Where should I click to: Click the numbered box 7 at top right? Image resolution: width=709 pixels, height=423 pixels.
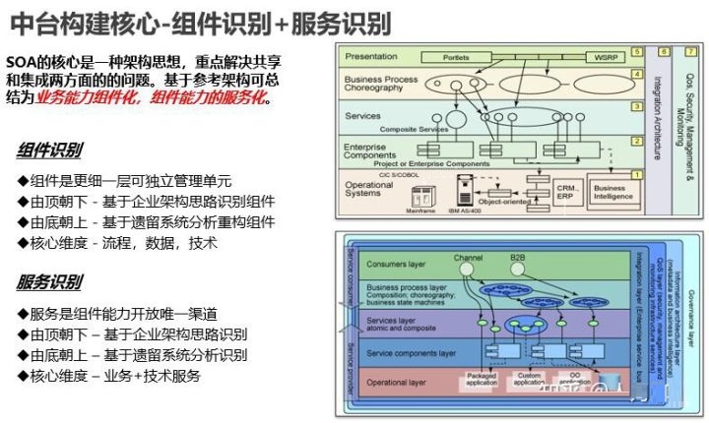687,51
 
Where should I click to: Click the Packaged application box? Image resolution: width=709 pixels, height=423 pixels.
480,378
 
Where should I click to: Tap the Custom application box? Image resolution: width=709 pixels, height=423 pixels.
529,378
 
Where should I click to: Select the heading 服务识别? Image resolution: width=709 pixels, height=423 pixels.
50,284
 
